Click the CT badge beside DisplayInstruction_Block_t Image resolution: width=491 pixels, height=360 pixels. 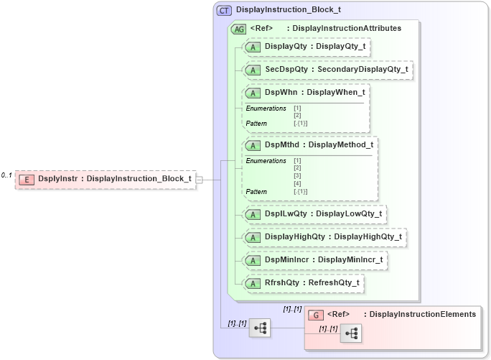[x=225, y=10]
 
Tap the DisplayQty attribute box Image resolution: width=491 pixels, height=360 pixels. [x=308, y=47]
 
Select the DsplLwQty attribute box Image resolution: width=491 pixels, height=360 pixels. [x=315, y=213]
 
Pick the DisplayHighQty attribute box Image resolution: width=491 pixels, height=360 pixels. [x=325, y=236]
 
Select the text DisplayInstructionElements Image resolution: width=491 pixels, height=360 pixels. [x=419, y=314]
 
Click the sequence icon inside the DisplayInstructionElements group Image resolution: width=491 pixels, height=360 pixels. [x=352, y=333]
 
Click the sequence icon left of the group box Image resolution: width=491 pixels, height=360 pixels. [x=260, y=328]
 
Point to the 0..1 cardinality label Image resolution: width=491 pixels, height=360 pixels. [x=6, y=175]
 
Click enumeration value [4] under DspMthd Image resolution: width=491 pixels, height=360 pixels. [x=297, y=183]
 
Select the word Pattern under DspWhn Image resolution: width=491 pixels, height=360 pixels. [x=256, y=124]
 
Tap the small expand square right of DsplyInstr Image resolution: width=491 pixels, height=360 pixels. [x=200, y=179]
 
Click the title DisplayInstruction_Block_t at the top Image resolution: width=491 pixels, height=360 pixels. [x=289, y=10]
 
